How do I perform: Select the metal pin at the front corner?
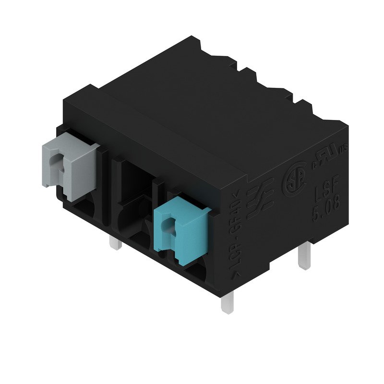[x=227, y=302]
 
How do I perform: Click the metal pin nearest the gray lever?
[x=116, y=243]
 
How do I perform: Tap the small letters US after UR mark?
[x=342, y=149]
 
